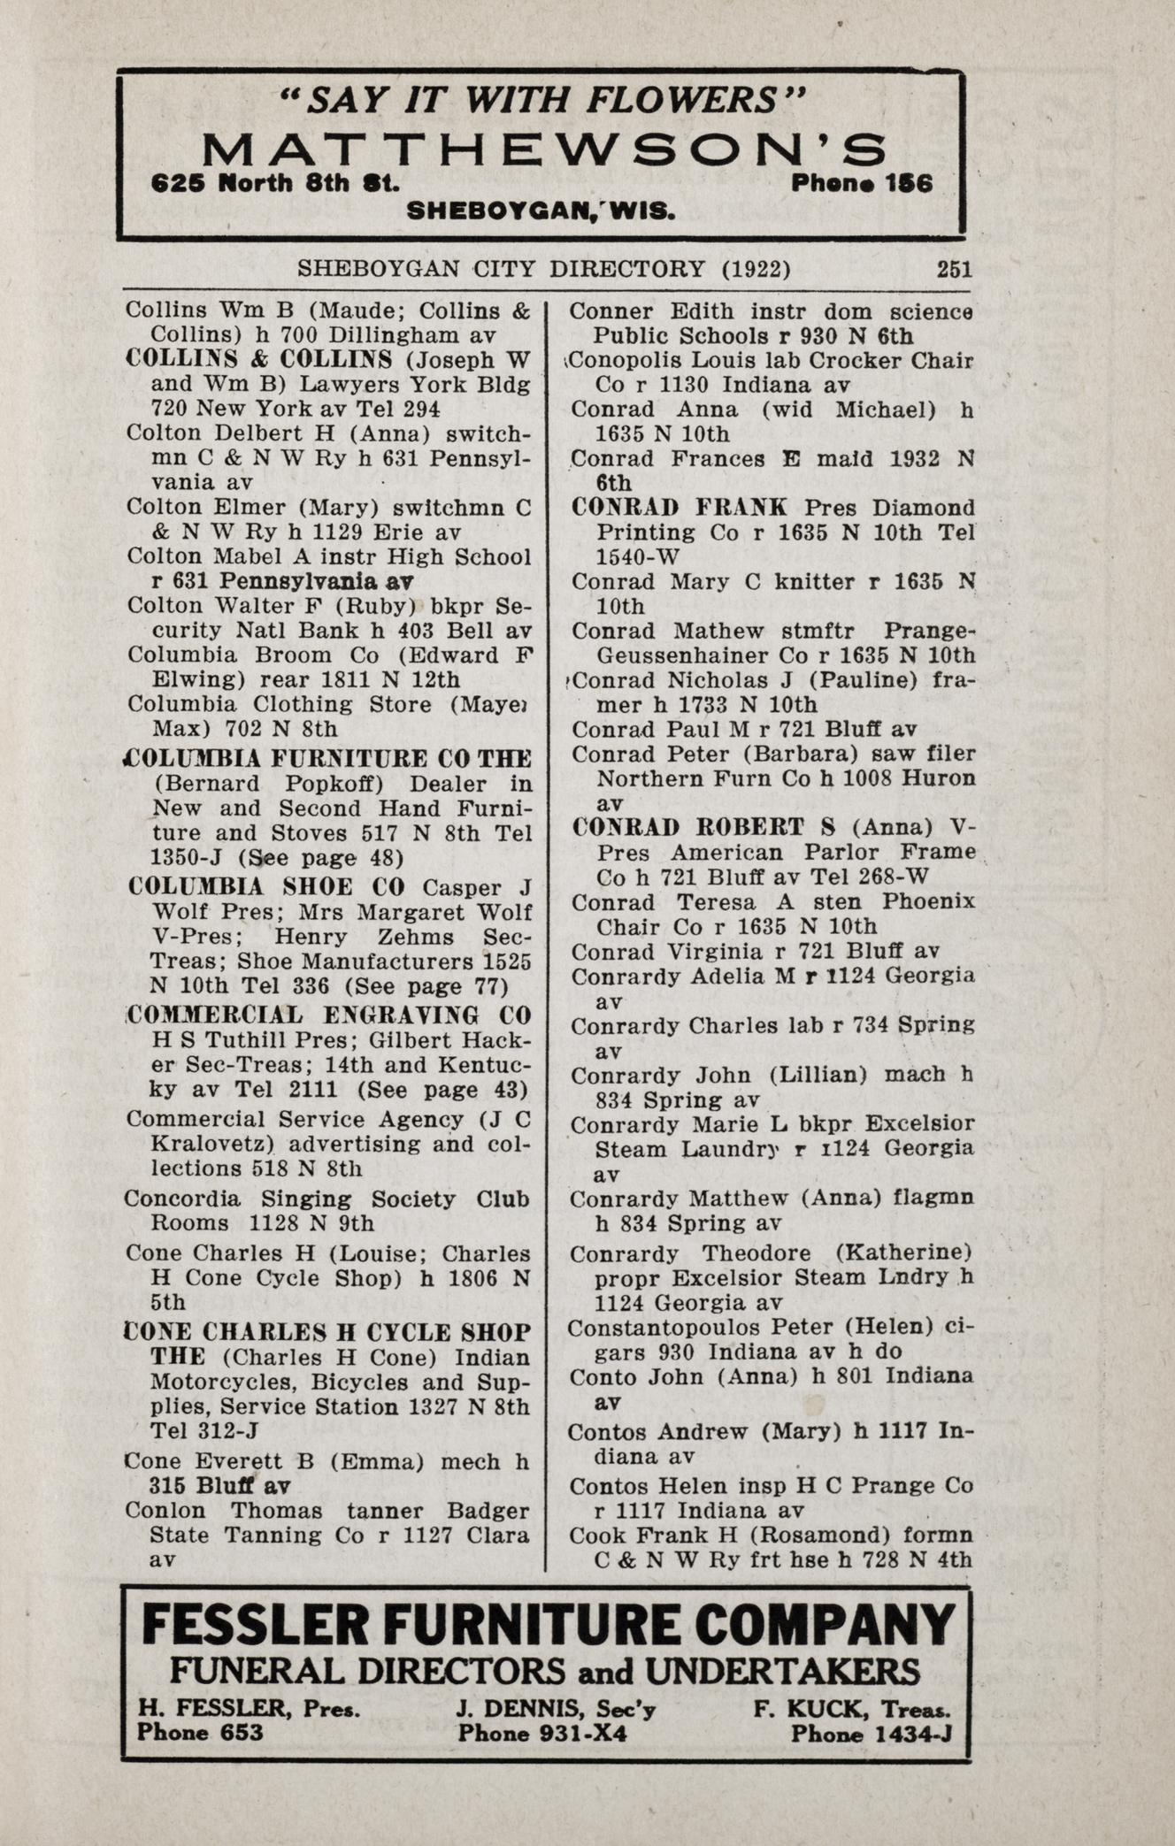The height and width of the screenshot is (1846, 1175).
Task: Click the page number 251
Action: [954, 268]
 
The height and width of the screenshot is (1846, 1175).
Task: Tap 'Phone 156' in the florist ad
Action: [862, 182]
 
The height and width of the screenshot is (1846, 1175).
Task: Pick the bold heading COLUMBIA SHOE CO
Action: [266, 886]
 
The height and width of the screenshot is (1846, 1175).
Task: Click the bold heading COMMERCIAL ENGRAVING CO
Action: [328, 1015]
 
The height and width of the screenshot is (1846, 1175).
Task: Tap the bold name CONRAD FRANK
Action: [680, 508]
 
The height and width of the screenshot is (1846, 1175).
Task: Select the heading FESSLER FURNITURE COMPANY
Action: [549, 1624]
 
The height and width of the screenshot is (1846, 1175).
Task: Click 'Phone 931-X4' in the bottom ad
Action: [541, 1733]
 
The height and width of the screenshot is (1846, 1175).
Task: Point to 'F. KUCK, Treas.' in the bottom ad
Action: [852, 1708]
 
